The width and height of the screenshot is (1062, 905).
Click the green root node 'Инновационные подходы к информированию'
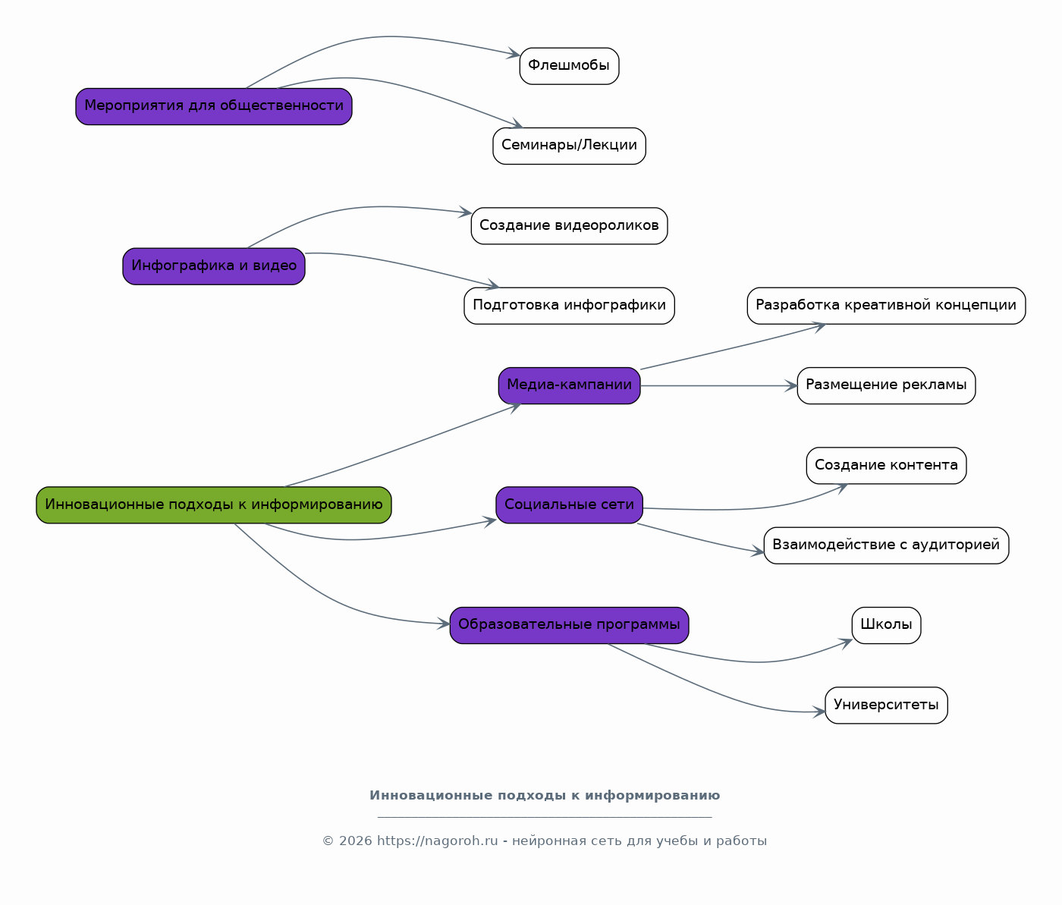pyautogui.click(x=214, y=505)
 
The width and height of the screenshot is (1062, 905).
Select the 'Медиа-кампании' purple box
pyautogui.click(x=569, y=385)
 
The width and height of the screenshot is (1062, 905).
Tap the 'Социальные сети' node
pyautogui.click(x=569, y=505)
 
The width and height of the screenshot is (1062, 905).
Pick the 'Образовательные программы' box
pyautogui.click(x=569, y=625)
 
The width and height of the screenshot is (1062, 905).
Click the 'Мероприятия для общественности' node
pyautogui.click(x=214, y=106)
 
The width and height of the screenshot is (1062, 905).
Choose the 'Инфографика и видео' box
pyautogui.click(x=214, y=266)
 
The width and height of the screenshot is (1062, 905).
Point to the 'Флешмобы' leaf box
pyautogui.click(x=569, y=66)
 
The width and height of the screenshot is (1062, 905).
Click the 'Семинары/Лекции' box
pyautogui.click(x=569, y=146)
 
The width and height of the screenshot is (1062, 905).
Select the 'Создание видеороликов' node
pyautogui.click(x=569, y=225)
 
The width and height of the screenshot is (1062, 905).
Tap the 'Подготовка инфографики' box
pyautogui.click(x=569, y=306)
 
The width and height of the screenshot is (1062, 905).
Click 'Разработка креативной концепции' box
pyautogui.click(x=886, y=306)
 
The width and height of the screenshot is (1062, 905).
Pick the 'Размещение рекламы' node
pyautogui.click(x=886, y=385)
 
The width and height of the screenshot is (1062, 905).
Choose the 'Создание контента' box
pyautogui.click(x=886, y=466)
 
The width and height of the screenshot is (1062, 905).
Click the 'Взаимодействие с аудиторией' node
pyautogui.click(x=886, y=545)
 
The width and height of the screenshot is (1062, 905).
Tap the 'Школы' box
pyautogui.click(x=886, y=625)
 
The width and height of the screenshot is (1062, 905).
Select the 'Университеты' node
pyautogui.click(x=886, y=705)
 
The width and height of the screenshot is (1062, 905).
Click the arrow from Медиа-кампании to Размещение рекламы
pyautogui.click(x=719, y=385)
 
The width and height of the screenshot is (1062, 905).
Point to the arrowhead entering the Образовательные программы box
pyautogui.click(x=444, y=624)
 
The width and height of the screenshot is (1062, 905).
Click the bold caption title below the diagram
pyautogui.click(x=545, y=796)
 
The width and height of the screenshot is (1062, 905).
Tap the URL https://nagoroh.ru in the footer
pyautogui.click(x=437, y=841)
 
